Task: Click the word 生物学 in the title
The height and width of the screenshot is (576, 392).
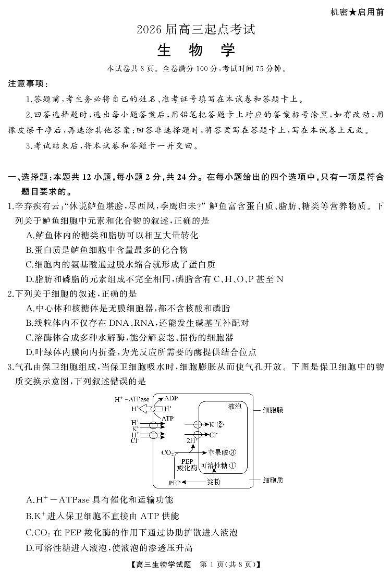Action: pyautogui.click(x=196, y=51)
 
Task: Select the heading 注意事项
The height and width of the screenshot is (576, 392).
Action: pyautogui.click(x=28, y=83)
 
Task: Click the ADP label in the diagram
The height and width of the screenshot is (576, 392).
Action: pyautogui.click(x=171, y=398)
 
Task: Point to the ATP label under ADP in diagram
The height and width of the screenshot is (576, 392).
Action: pyautogui.click(x=168, y=418)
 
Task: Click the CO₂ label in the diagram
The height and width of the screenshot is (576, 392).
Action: pyautogui.click(x=167, y=452)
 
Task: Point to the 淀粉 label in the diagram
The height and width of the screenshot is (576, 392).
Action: pyautogui.click(x=213, y=482)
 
